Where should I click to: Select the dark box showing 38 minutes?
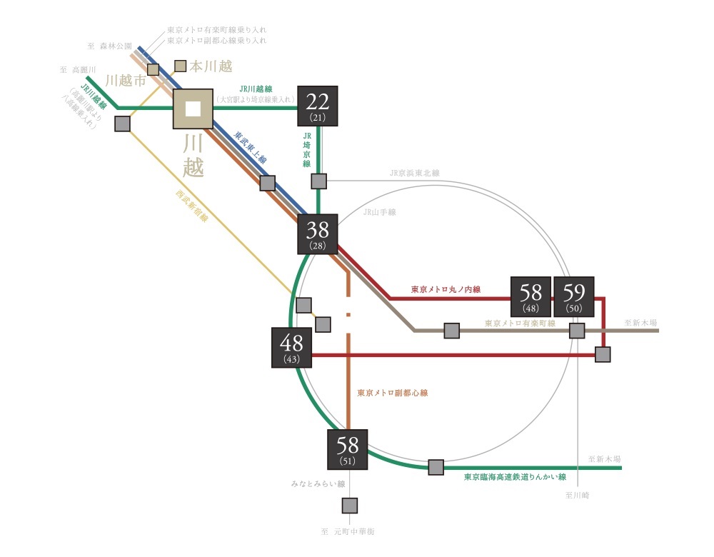click(318, 234)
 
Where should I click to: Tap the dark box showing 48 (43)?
click(291, 347)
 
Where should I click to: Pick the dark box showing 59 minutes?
click(574, 296)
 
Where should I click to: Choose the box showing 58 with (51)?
click(347, 451)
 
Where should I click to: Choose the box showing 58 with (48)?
click(531, 296)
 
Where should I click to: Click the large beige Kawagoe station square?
click(193, 109)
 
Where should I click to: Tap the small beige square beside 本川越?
click(180, 66)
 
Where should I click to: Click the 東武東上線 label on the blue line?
click(250, 147)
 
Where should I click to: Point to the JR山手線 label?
click(379, 212)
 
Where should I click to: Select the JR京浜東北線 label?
click(414, 173)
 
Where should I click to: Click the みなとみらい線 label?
click(317, 484)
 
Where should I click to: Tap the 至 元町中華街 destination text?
click(348, 532)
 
